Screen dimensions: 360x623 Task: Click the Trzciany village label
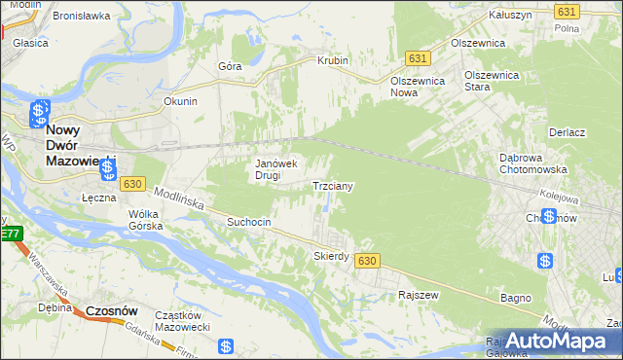[x=332, y=185]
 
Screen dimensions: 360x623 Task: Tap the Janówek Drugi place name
[x=282, y=169]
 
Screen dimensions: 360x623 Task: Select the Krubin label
[x=332, y=60]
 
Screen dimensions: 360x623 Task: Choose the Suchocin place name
[x=248, y=222]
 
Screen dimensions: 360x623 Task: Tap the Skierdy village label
[x=331, y=256]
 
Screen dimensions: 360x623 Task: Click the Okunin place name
[x=181, y=100]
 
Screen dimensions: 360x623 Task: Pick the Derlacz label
[x=566, y=132]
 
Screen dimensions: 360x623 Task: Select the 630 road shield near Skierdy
[x=366, y=261]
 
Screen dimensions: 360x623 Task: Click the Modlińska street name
[x=177, y=198]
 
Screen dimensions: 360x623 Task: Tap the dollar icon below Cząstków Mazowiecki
[x=226, y=345]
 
